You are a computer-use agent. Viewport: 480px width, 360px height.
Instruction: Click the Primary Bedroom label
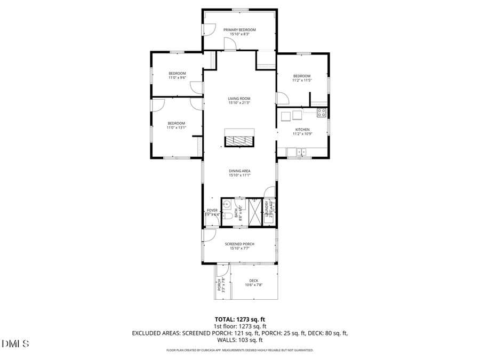(x=239, y=29)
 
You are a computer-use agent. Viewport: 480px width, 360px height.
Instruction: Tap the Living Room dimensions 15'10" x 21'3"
(x=239, y=103)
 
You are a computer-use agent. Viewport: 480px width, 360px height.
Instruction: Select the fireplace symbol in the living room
(x=239, y=141)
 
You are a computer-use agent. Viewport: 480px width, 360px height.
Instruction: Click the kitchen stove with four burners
(x=322, y=113)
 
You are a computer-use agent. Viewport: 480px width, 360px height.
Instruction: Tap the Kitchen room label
(x=302, y=129)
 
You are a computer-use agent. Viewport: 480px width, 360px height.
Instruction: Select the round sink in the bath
(x=226, y=203)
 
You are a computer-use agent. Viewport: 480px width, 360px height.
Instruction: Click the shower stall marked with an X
(x=255, y=212)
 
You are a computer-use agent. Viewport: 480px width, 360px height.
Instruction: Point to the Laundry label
(x=270, y=210)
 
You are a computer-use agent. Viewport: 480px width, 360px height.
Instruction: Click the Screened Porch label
(x=239, y=244)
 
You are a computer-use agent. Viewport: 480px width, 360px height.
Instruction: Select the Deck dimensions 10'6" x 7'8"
(x=254, y=285)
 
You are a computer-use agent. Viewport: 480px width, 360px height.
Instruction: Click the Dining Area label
(x=239, y=171)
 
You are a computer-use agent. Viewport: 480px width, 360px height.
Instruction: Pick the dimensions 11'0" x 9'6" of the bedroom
(x=177, y=78)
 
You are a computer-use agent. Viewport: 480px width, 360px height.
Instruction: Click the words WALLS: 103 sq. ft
(x=239, y=340)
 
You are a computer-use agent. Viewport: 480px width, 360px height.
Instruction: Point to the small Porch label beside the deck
(x=220, y=285)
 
